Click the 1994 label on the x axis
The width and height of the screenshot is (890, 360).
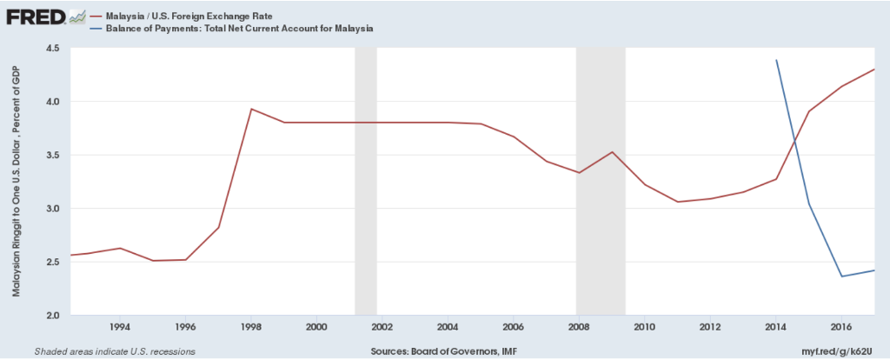[120, 327]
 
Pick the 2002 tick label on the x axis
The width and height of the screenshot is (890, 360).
[382, 327]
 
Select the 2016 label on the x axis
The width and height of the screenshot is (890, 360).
[840, 327]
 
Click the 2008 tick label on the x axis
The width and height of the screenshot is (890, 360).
[579, 327]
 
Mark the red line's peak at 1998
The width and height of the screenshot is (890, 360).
[251, 109]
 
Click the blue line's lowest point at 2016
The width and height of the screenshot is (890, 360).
[841, 277]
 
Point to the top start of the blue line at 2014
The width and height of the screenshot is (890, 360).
[776, 60]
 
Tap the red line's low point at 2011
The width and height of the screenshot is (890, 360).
[677, 202]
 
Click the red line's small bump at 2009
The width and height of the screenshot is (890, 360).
[612, 152]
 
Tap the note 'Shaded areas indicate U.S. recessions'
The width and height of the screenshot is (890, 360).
[114, 351]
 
